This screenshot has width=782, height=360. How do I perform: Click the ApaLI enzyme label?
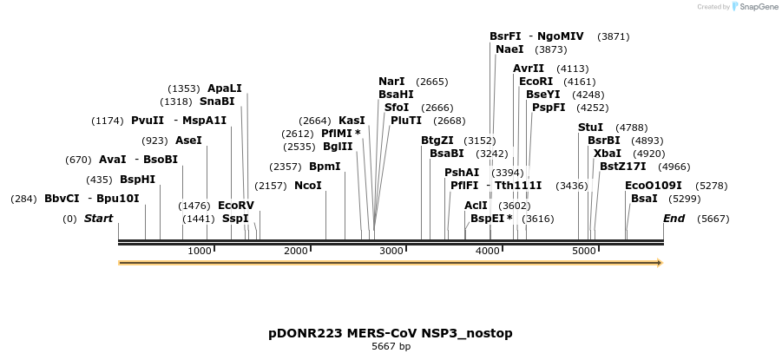(224, 88)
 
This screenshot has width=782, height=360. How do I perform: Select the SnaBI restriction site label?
(217, 101)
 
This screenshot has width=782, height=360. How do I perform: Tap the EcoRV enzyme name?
(235, 206)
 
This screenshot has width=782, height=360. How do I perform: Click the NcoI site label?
(307, 186)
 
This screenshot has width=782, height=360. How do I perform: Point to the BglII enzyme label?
(338, 147)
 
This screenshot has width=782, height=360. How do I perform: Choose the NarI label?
(391, 82)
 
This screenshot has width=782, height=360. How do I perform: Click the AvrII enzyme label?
(529, 69)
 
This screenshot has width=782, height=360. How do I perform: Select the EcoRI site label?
(536, 82)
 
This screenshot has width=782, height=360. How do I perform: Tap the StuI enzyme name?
(590, 128)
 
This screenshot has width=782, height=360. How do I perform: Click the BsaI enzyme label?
(644, 199)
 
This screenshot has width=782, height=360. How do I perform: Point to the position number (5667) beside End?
(713, 219)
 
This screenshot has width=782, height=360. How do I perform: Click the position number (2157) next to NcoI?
(271, 186)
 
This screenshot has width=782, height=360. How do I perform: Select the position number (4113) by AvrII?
(573, 69)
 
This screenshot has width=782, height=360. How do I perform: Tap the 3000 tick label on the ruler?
(392, 251)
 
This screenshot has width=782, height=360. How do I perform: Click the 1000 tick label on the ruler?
(200, 251)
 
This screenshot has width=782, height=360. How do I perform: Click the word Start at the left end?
(98, 219)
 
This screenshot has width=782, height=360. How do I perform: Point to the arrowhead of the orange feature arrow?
(660, 262)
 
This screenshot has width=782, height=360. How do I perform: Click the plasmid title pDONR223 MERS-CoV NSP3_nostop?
(391, 333)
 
